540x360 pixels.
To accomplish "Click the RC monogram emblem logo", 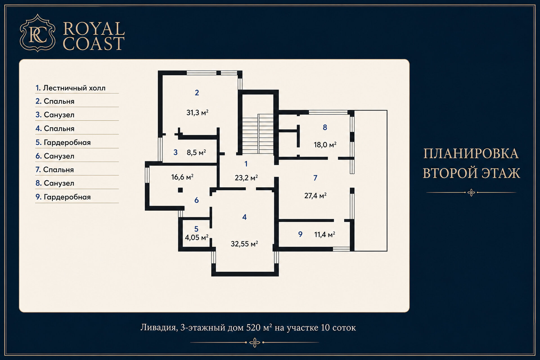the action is [x=37, y=33].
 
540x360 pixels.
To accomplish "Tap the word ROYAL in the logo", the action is [x=94, y=29].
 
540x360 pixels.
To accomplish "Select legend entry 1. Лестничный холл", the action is [x=70, y=88].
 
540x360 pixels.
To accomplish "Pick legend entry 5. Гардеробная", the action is [x=63, y=142].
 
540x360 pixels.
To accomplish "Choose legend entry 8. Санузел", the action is [x=55, y=183].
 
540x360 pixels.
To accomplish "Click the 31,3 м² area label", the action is [x=197, y=112].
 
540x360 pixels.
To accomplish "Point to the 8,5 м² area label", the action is [x=196, y=152].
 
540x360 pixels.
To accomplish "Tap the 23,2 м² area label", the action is [x=246, y=178].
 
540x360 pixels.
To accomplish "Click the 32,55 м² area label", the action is [x=244, y=244].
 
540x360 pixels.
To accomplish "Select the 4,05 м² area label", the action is [x=197, y=237].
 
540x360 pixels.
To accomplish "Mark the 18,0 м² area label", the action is [x=325, y=145].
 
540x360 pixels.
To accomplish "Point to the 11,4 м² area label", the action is [x=325, y=234].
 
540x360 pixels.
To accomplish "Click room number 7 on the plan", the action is [x=315, y=178].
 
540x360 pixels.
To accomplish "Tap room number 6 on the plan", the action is [x=197, y=200].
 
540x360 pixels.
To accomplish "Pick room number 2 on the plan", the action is [x=197, y=93].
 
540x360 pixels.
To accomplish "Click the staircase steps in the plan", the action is [x=258, y=134].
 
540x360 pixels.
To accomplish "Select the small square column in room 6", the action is [x=180, y=190].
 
